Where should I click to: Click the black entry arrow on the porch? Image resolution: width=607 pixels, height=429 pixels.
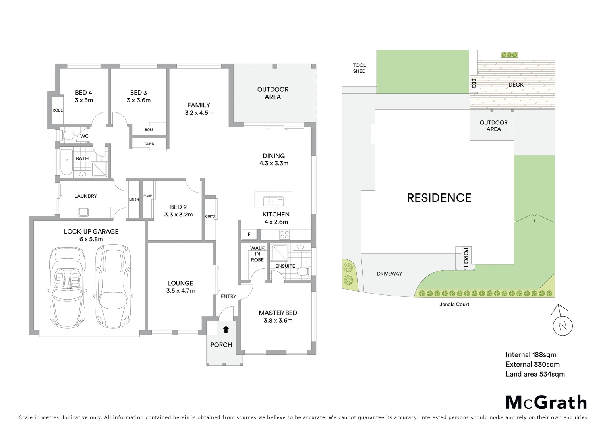coord(226,329)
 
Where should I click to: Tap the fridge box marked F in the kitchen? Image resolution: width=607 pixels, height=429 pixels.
coord(249,234)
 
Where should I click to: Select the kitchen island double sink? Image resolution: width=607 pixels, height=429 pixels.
coord(273,201)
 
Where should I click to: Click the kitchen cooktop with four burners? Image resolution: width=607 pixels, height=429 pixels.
coord(284,234)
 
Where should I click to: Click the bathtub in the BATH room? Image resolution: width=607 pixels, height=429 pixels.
coord(66,162)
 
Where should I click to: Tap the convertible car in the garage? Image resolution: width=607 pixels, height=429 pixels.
coord(67,285)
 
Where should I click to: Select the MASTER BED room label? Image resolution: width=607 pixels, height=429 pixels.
coord(278,313)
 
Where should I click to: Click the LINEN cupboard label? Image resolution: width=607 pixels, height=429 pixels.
coord(134,199)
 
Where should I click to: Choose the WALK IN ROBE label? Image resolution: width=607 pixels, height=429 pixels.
coord(257,254)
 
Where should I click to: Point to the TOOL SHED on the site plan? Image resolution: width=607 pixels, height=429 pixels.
coord(359,68)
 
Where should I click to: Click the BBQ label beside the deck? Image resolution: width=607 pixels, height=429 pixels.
coord(474,83)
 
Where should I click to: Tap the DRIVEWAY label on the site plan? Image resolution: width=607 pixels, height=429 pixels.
coord(389,274)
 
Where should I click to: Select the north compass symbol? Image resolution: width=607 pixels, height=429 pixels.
coord(563,326)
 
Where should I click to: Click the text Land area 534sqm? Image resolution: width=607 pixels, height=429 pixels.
coord(535,374)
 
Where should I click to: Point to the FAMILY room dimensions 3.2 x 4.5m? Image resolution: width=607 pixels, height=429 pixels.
coord(199,113)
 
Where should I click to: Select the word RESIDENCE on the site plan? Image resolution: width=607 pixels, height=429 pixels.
coord(439,198)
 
